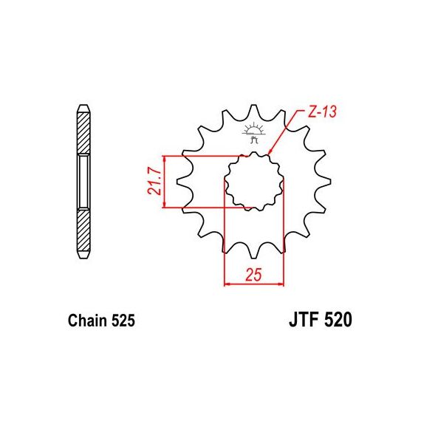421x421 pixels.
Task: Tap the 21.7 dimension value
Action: pos(154,182)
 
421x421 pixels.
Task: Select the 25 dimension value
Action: pos(253,275)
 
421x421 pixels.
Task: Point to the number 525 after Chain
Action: pos(123,321)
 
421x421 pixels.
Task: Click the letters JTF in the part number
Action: pos(304,320)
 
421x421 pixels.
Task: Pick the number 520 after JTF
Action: pos(338,320)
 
